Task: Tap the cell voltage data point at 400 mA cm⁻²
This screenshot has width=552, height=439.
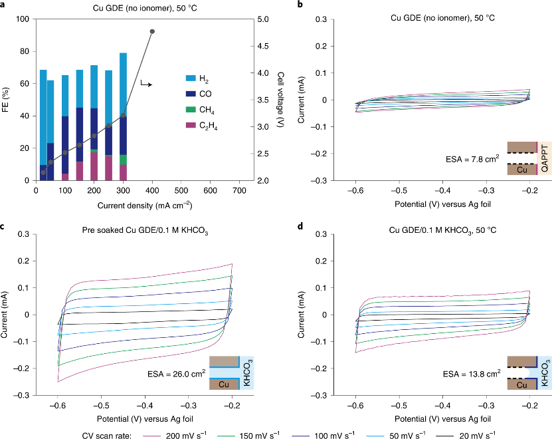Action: click(152, 32)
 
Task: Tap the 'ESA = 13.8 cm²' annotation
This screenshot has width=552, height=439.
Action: click(472, 374)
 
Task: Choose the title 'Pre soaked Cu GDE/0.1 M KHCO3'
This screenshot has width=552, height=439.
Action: click(123, 229)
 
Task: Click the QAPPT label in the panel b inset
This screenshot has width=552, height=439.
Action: click(545, 160)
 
